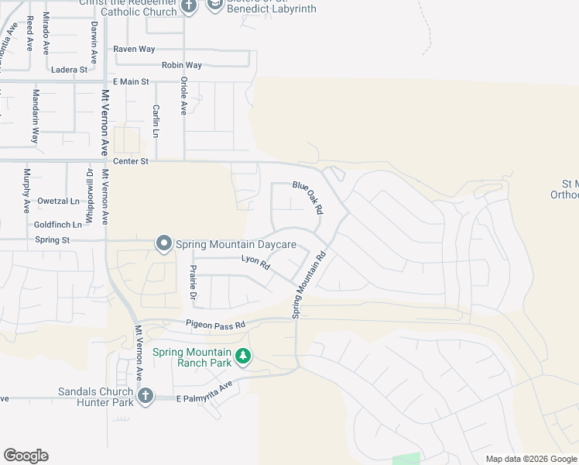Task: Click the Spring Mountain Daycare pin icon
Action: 163,244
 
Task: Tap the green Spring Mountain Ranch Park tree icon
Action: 244,356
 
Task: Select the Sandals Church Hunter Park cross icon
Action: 144,397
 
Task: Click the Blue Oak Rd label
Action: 307,197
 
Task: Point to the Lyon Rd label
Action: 255,263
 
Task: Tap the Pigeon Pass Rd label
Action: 215,324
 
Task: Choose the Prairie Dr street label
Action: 194,284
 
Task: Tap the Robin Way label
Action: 182,66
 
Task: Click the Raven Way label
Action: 135,49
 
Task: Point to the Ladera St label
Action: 70,70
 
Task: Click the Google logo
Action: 26,456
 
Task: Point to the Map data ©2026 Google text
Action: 531,459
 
